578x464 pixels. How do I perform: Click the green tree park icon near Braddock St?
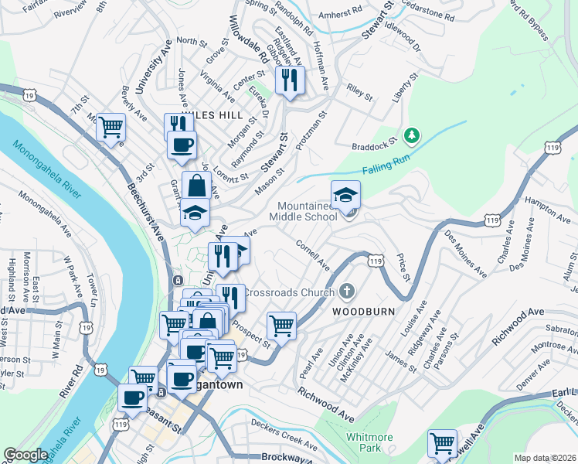click(413, 136)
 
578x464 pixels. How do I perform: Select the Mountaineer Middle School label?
click(302, 211)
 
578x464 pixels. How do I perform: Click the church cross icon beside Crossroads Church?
click(347, 292)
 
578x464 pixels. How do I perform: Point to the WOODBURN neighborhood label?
click(364, 311)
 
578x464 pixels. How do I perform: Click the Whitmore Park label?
click(369, 442)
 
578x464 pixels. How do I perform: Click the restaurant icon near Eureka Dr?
click(290, 80)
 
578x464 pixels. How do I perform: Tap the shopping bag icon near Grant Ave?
click(197, 185)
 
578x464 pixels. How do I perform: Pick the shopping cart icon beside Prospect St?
click(281, 325)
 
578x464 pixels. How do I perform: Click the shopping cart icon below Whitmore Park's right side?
click(442, 443)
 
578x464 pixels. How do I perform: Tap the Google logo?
click(25, 455)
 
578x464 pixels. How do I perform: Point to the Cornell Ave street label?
click(313, 254)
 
